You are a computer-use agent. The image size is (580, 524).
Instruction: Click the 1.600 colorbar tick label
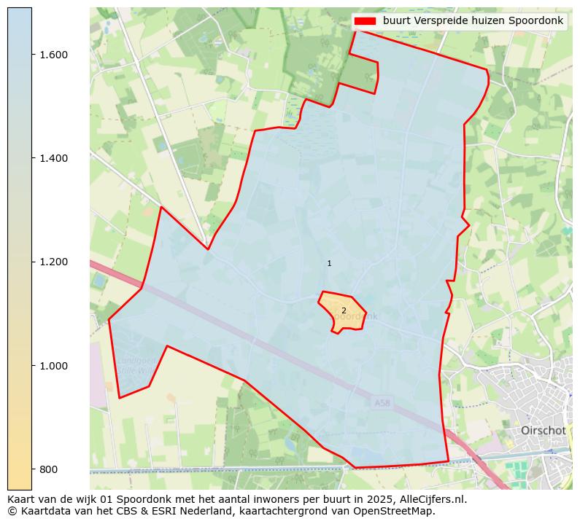pyautogui.click(x=53, y=55)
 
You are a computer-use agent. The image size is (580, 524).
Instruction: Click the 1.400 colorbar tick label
pyautogui.click(x=53, y=158)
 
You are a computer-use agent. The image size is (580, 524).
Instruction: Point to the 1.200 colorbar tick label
pyautogui.click(x=53, y=262)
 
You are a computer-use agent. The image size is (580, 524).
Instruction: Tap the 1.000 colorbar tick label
pyautogui.click(x=53, y=365)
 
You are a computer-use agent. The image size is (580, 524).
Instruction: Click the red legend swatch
pyautogui.click(x=365, y=20)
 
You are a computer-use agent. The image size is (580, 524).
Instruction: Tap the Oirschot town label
pyautogui.click(x=543, y=431)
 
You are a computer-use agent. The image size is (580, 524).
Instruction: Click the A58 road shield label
pyautogui.click(x=382, y=402)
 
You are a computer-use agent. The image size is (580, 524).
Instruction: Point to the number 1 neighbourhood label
pyautogui.click(x=329, y=263)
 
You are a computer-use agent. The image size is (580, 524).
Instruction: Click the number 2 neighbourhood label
pyautogui.click(x=344, y=310)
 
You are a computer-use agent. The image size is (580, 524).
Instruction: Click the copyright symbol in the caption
pyautogui.click(x=12, y=511)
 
